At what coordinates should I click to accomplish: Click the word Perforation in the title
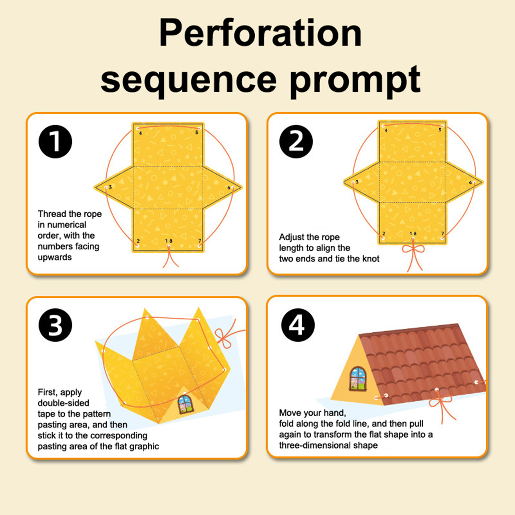(260, 33)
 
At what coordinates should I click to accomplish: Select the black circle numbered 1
(55, 142)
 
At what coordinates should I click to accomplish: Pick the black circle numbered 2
(296, 142)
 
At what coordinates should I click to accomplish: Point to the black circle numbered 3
(55, 325)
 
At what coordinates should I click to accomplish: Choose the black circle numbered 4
(298, 325)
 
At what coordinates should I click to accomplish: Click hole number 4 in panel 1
(138, 128)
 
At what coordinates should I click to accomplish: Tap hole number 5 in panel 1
(199, 128)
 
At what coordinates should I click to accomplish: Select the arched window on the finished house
(358, 379)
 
